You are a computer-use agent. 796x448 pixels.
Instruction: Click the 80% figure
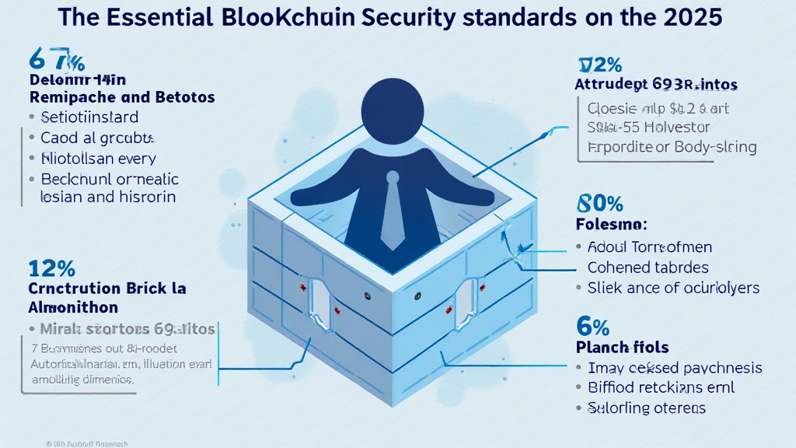(599, 204)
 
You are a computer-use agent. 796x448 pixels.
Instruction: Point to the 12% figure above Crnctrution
(51, 269)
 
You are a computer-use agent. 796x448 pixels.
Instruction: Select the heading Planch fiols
(622, 346)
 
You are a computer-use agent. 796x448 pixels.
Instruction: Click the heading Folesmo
(611, 226)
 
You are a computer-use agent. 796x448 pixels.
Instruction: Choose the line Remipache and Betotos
(122, 98)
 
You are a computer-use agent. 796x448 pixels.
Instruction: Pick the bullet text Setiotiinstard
(89, 118)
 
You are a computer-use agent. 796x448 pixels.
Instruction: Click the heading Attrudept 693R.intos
(656, 83)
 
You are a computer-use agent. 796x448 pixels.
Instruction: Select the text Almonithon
(73, 307)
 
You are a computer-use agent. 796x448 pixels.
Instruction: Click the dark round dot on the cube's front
(418, 296)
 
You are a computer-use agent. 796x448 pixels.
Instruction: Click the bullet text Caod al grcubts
(97, 138)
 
